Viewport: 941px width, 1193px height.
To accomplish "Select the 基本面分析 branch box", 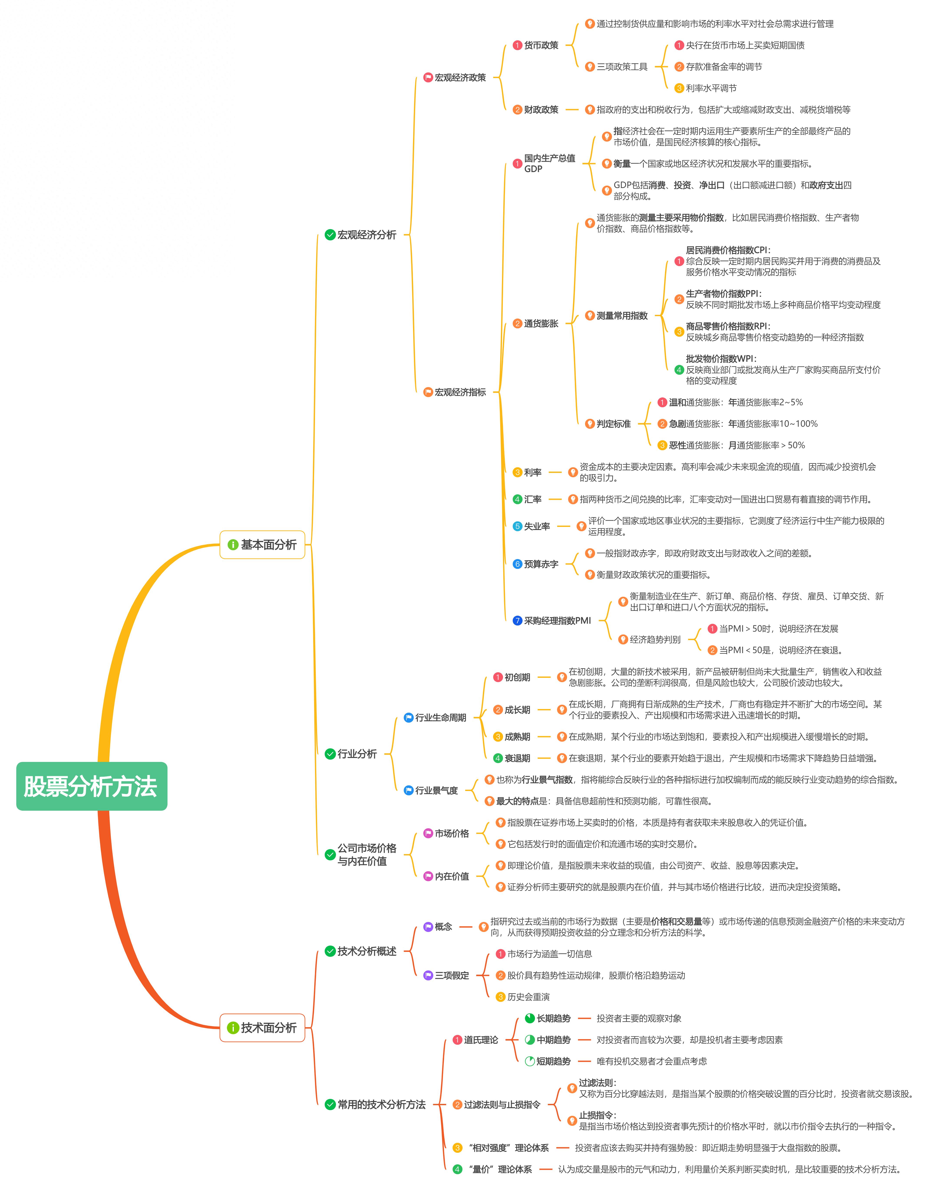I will coord(262,545).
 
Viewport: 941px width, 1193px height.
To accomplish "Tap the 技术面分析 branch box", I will coord(262,1028).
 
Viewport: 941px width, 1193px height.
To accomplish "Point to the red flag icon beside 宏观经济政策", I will coord(428,78).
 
